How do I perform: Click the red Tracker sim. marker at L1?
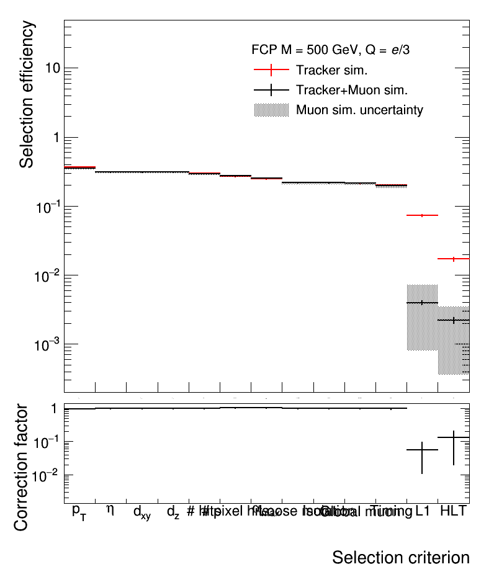click(x=422, y=215)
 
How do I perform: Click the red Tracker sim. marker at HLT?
click(x=454, y=259)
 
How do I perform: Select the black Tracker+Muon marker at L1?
click(x=422, y=303)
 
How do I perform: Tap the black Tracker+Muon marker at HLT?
click(x=454, y=320)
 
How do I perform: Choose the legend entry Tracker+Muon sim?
click(x=351, y=90)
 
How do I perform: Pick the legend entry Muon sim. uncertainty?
click(x=359, y=110)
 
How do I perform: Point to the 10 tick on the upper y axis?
click(x=53, y=68)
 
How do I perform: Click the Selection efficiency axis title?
click(x=27, y=94)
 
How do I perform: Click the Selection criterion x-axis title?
click(x=400, y=556)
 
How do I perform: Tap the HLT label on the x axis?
click(x=453, y=511)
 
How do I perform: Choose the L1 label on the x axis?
click(x=423, y=511)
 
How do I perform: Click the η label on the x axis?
click(x=110, y=510)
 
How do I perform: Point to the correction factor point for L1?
click(x=422, y=450)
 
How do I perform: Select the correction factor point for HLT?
click(x=454, y=438)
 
